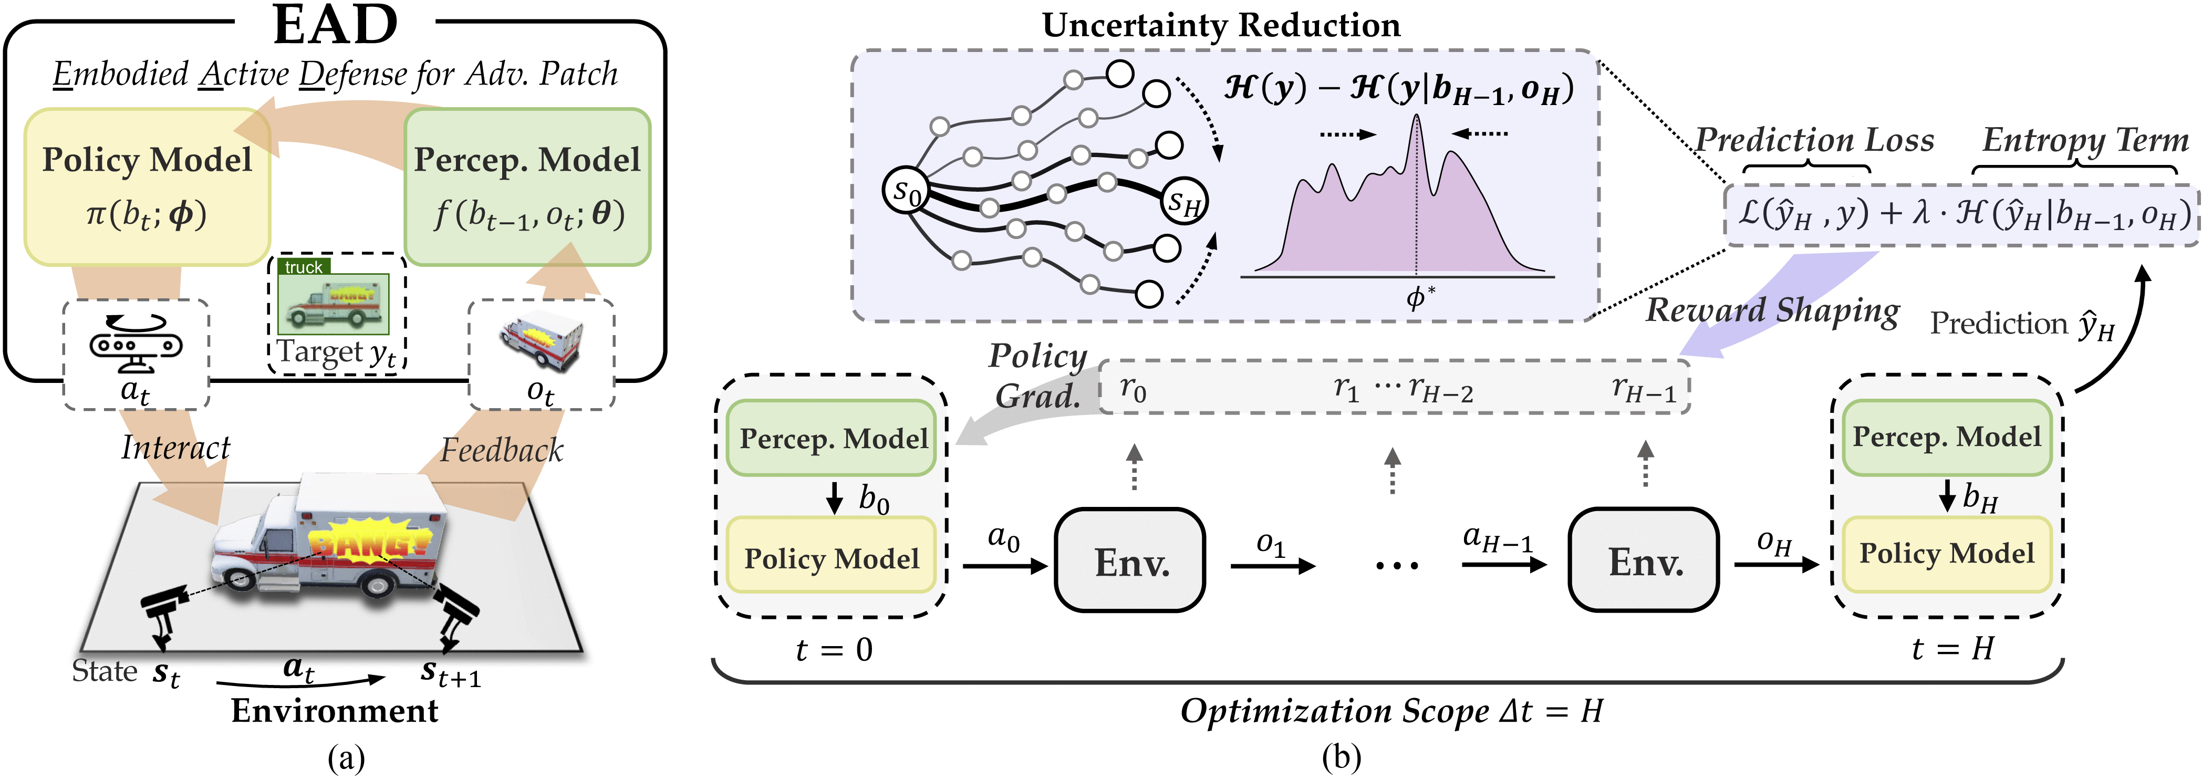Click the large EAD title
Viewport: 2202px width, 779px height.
point(335,26)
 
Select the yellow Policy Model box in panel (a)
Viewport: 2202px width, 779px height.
point(147,186)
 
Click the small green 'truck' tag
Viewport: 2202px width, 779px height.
point(304,267)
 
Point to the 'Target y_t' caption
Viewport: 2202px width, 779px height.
point(336,352)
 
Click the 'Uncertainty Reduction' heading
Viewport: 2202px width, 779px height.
point(1221,26)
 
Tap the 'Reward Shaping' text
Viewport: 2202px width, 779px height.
point(1772,310)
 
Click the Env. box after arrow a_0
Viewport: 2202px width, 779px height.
point(1130,561)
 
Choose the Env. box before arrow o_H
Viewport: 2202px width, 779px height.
point(1643,561)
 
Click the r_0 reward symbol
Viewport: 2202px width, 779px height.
point(1133,389)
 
